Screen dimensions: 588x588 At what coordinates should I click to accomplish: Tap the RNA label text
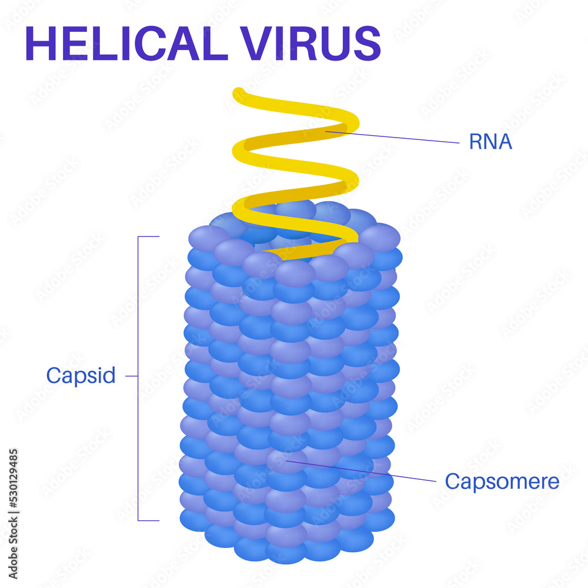pos(490,142)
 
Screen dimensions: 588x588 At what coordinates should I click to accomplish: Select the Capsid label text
pos(81,376)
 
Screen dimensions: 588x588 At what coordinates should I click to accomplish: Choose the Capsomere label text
pos(502,482)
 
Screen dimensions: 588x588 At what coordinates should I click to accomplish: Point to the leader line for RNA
pos(400,138)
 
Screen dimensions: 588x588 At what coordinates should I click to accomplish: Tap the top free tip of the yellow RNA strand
pos(239,93)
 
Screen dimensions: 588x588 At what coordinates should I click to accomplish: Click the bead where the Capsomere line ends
pos(286,462)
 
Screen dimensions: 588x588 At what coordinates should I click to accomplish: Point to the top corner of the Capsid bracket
pos(139,236)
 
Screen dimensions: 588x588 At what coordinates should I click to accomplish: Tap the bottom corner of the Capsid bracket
pos(139,520)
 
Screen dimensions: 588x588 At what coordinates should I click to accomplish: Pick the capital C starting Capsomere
pos(452,482)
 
